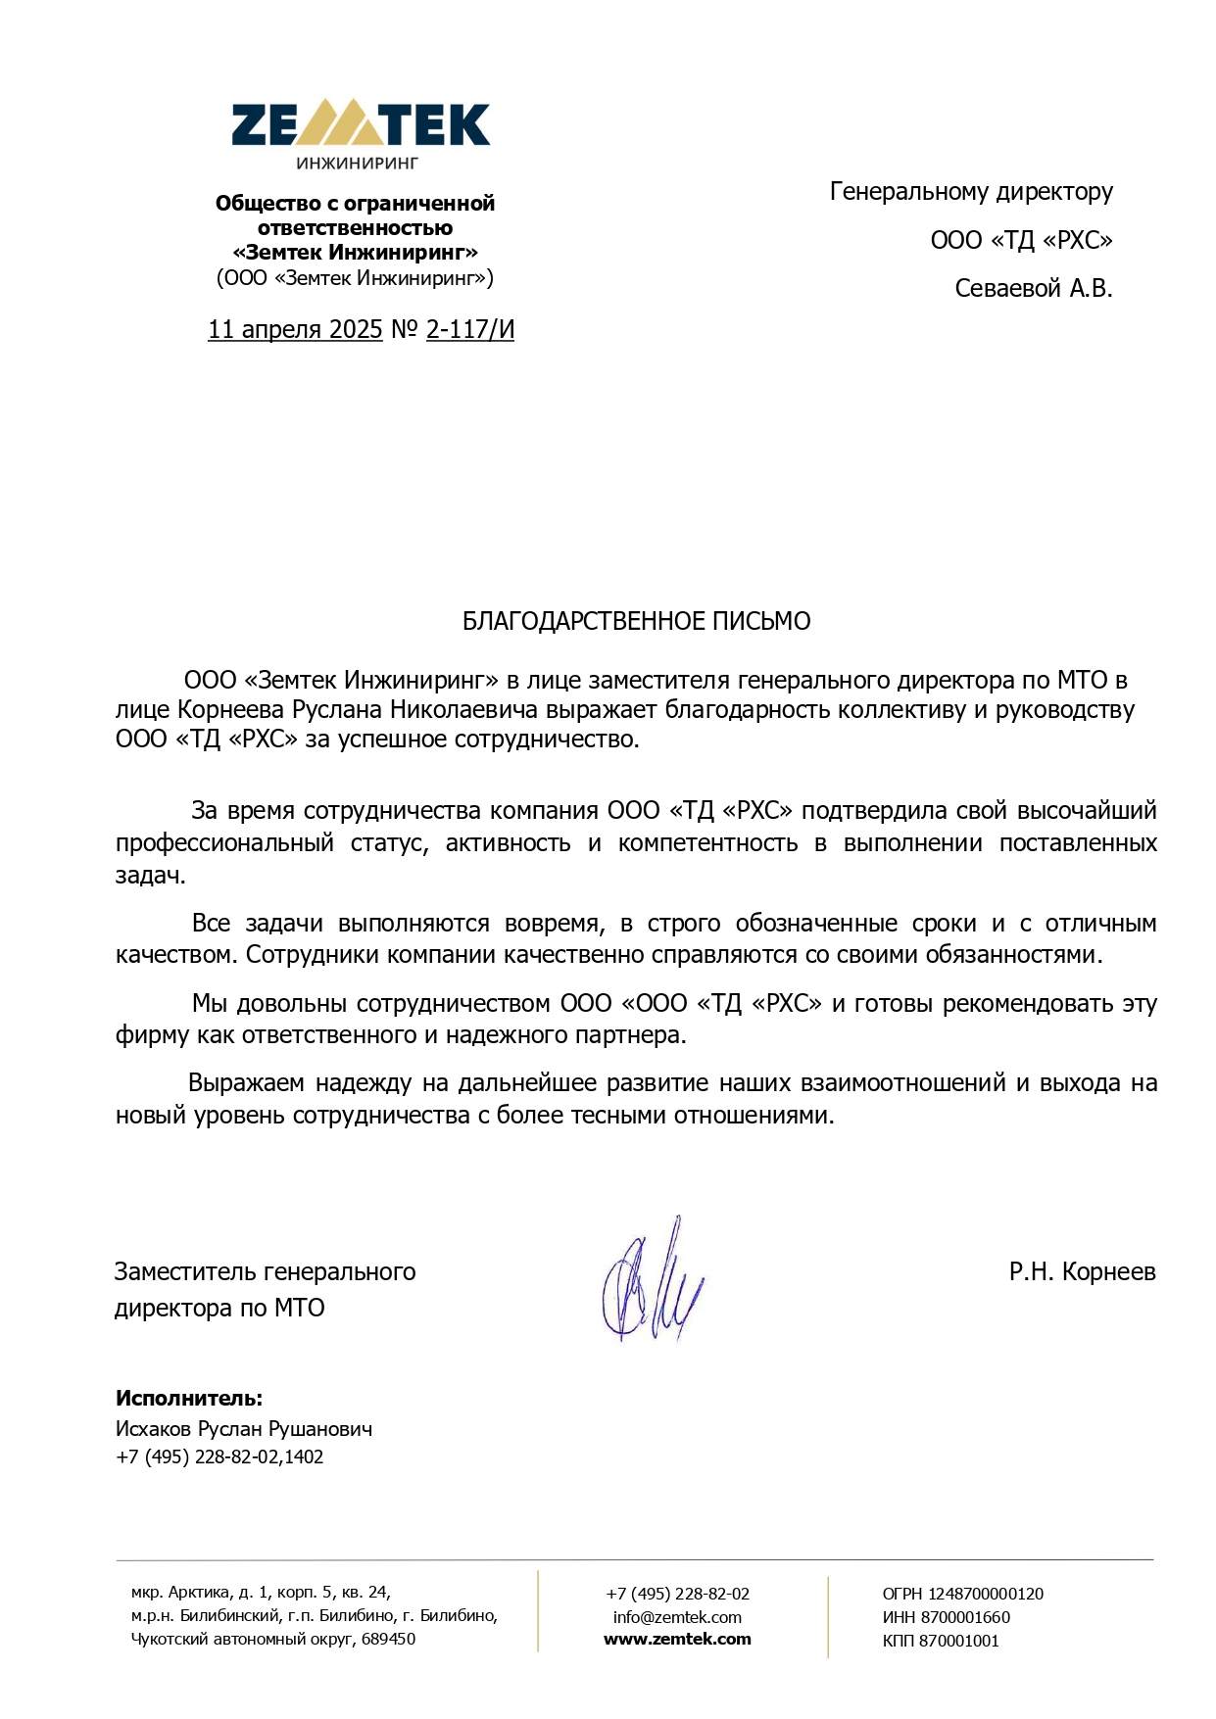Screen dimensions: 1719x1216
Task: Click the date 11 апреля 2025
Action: pyautogui.click(x=294, y=329)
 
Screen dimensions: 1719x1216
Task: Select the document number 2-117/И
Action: pyautogui.click(x=469, y=329)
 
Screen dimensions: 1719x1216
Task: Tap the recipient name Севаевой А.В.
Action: pyautogui.click(x=1033, y=288)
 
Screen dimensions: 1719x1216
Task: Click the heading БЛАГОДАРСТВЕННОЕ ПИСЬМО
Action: pyautogui.click(x=636, y=621)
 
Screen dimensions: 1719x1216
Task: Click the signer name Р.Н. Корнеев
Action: pyautogui.click(x=1082, y=1271)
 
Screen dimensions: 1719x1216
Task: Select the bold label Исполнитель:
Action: pyautogui.click(x=189, y=1398)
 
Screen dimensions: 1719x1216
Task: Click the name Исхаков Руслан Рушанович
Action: pyautogui.click(x=244, y=1428)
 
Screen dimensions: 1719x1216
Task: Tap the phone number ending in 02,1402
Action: pyautogui.click(x=219, y=1456)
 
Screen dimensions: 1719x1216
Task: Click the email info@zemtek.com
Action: pyautogui.click(x=677, y=1617)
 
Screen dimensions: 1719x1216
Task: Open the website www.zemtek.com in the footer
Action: pyautogui.click(x=677, y=1639)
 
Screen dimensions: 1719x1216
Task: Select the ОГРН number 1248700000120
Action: pyautogui.click(x=985, y=1594)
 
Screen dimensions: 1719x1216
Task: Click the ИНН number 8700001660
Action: pyautogui.click(x=964, y=1617)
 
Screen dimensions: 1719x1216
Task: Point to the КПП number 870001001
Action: pyautogui.click(x=958, y=1641)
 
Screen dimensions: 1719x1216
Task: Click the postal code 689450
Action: pyautogui.click(x=388, y=1639)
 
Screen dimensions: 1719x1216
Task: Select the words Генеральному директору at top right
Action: pyautogui.click(x=971, y=191)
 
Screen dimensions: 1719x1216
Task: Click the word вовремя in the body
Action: pyautogui.click(x=552, y=923)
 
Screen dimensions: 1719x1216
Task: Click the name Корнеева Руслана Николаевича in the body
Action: pyautogui.click(x=358, y=709)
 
